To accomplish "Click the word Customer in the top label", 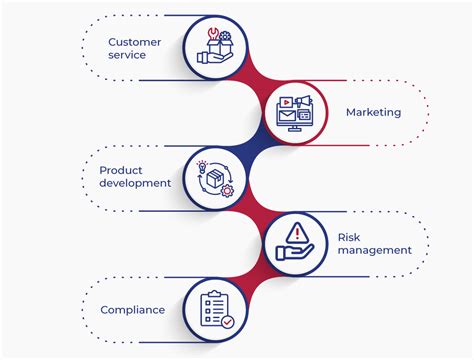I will click(134, 41).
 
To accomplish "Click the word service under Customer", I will click(127, 55).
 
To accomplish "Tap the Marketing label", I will click(373, 112).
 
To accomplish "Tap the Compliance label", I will click(132, 310).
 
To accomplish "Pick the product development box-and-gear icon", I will click(215, 177).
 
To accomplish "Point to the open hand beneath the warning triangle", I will click(295, 251).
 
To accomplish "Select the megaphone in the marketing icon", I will click(305, 101).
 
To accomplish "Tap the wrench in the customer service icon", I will click(210, 36).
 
